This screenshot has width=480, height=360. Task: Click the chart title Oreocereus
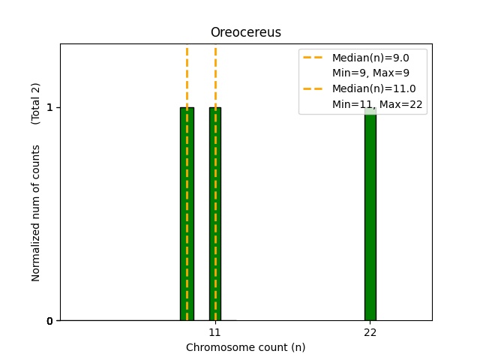(x=245, y=32)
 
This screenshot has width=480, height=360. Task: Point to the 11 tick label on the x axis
(x=214, y=332)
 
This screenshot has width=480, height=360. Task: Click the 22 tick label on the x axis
(x=370, y=332)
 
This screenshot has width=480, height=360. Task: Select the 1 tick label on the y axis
(x=49, y=107)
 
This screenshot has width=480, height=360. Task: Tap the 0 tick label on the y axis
(x=49, y=321)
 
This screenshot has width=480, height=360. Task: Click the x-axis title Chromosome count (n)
(x=245, y=347)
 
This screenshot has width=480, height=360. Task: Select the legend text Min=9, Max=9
(x=368, y=73)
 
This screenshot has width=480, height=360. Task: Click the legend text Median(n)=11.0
(x=373, y=88)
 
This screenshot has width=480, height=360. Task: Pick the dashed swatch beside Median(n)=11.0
(x=313, y=88)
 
